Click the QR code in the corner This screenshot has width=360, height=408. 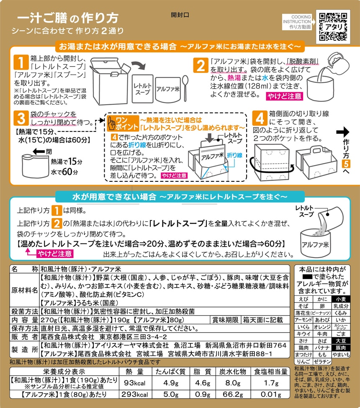point(333,27)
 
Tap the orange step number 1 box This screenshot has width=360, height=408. point(21,63)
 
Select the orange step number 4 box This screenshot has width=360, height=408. point(260,119)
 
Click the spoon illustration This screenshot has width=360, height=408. point(185,88)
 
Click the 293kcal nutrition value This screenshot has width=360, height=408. point(135,394)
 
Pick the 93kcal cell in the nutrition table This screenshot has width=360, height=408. point(135,383)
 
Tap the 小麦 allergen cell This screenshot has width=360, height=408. point(341,299)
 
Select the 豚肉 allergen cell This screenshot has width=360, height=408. point(341,348)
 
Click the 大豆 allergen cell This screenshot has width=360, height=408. point(341,341)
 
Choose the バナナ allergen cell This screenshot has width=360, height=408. point(322,348)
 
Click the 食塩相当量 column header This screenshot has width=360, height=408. point(271,372)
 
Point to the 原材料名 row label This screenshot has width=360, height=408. point(24,290)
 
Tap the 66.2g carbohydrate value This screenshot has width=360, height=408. point(233,394)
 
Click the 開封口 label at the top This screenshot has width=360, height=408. point(180,15)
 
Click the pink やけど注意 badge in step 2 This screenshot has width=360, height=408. point(284,96)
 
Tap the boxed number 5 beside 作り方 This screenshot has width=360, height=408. point(346,164)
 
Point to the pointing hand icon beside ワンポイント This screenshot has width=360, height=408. point(112,124)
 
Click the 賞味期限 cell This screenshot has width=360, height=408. point(225,320)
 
